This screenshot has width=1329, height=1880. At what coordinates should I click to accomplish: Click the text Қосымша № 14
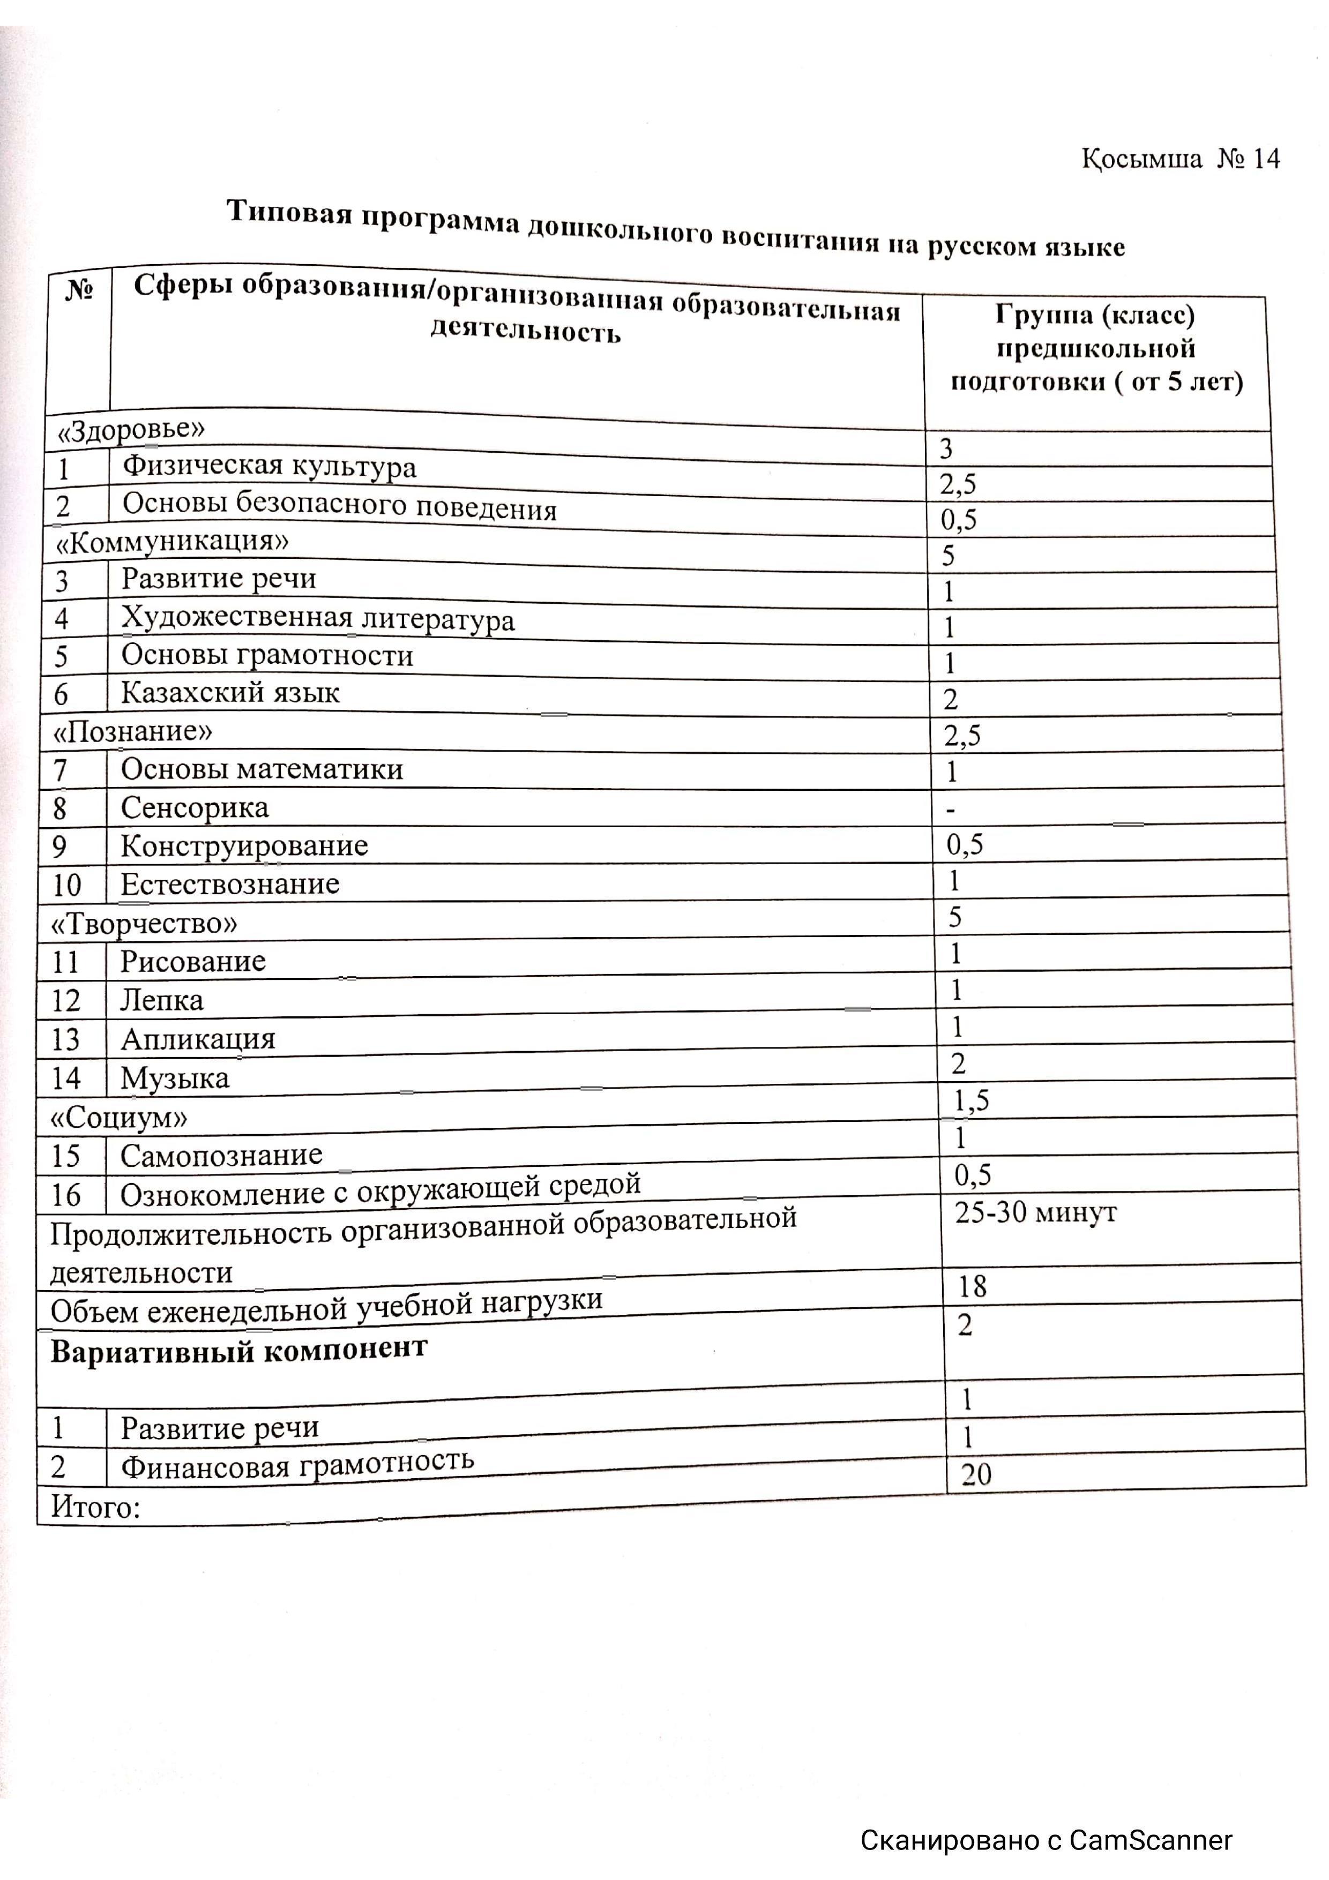pyautogui.click(x=1180, y=158)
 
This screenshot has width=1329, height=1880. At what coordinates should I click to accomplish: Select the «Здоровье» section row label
pyautogui.click(x=130, y=430)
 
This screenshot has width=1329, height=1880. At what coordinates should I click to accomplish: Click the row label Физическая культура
pyautogui.click(x=270, y=466)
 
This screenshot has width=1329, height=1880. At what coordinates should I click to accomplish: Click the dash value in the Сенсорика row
pyautogui.click(x=950, y=810)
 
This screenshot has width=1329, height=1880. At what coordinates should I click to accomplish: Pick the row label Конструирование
pyautogui.click(x=244, y=846)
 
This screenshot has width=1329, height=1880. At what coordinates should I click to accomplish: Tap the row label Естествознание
pyautogui.click(x=230, y=885)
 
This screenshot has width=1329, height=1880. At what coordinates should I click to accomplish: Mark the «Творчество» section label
pyautogui.click(x=144, y=924)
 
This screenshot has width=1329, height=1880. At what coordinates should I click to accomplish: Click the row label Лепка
pyautogui.click(x=162, y=1001)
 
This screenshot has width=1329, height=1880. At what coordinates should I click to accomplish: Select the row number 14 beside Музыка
pyautogui.click(x=66, y=1078)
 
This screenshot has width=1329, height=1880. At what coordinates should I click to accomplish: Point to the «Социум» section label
pyautogui.click(x=120, y=1117)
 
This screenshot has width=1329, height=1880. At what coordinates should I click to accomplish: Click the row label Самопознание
pyautogui.click(x=221, y=1155)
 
